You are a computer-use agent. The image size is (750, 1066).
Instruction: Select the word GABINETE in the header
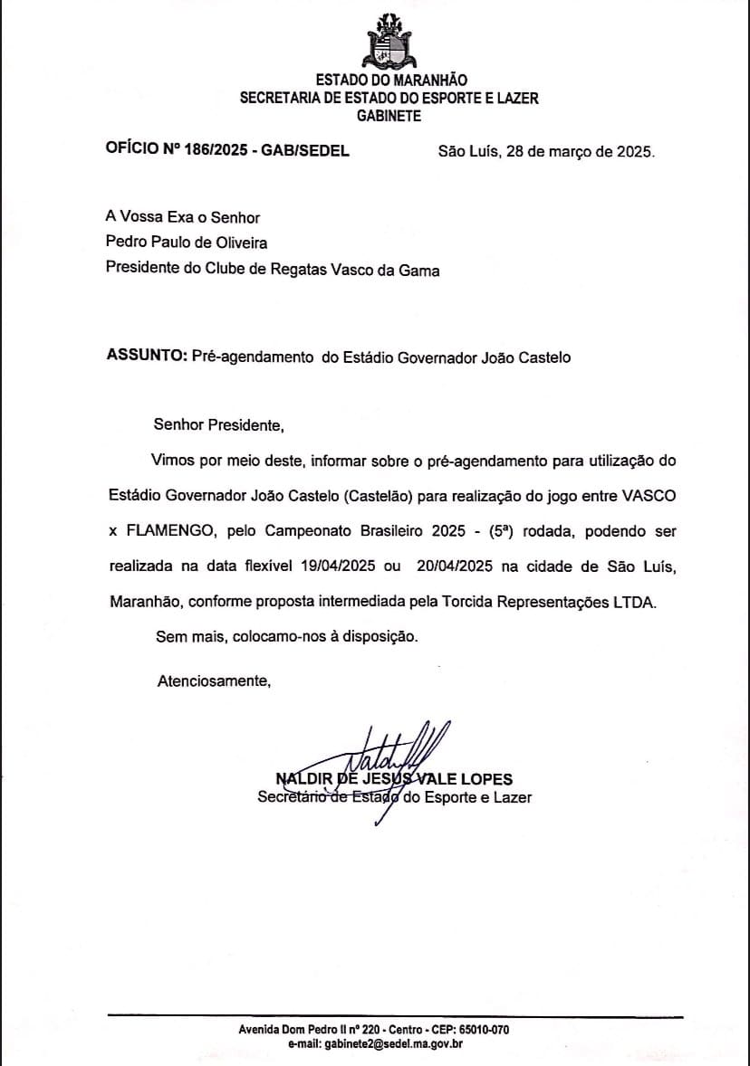point(389,116)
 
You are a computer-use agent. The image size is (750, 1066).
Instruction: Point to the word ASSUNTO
point(146,357)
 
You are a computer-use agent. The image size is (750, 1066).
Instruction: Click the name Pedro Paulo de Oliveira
point(187,242)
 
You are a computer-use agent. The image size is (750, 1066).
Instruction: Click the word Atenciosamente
point(214,681)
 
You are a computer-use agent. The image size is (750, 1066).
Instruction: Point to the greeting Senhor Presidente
point(218,424)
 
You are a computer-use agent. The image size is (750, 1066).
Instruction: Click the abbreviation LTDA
point(635,602)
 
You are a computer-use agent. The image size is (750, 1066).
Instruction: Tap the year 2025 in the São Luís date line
point(633,152)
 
